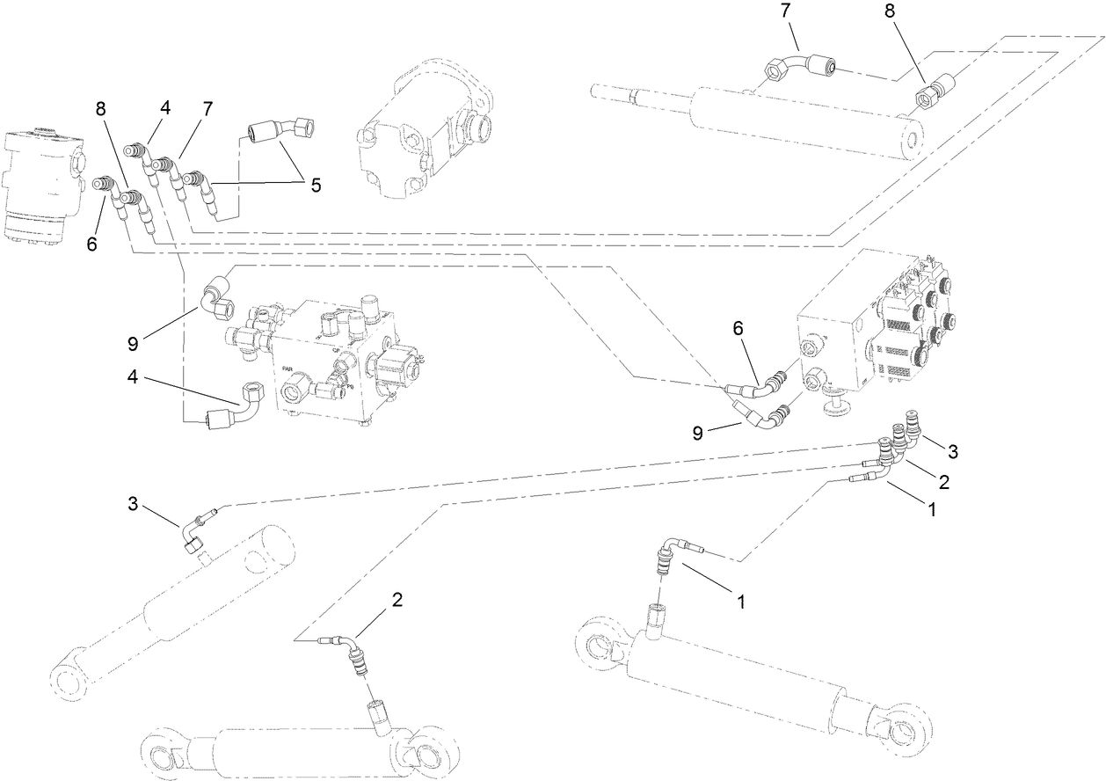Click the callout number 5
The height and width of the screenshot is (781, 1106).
[x=315, y=186]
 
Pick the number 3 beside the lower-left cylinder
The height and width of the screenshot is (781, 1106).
[x=133, y=503]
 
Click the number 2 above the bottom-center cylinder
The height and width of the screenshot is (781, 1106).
[x=397, y=600]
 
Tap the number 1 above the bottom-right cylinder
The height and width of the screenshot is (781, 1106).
[x=741, y=602]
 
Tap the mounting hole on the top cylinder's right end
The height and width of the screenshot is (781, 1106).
[x=914, y=140]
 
